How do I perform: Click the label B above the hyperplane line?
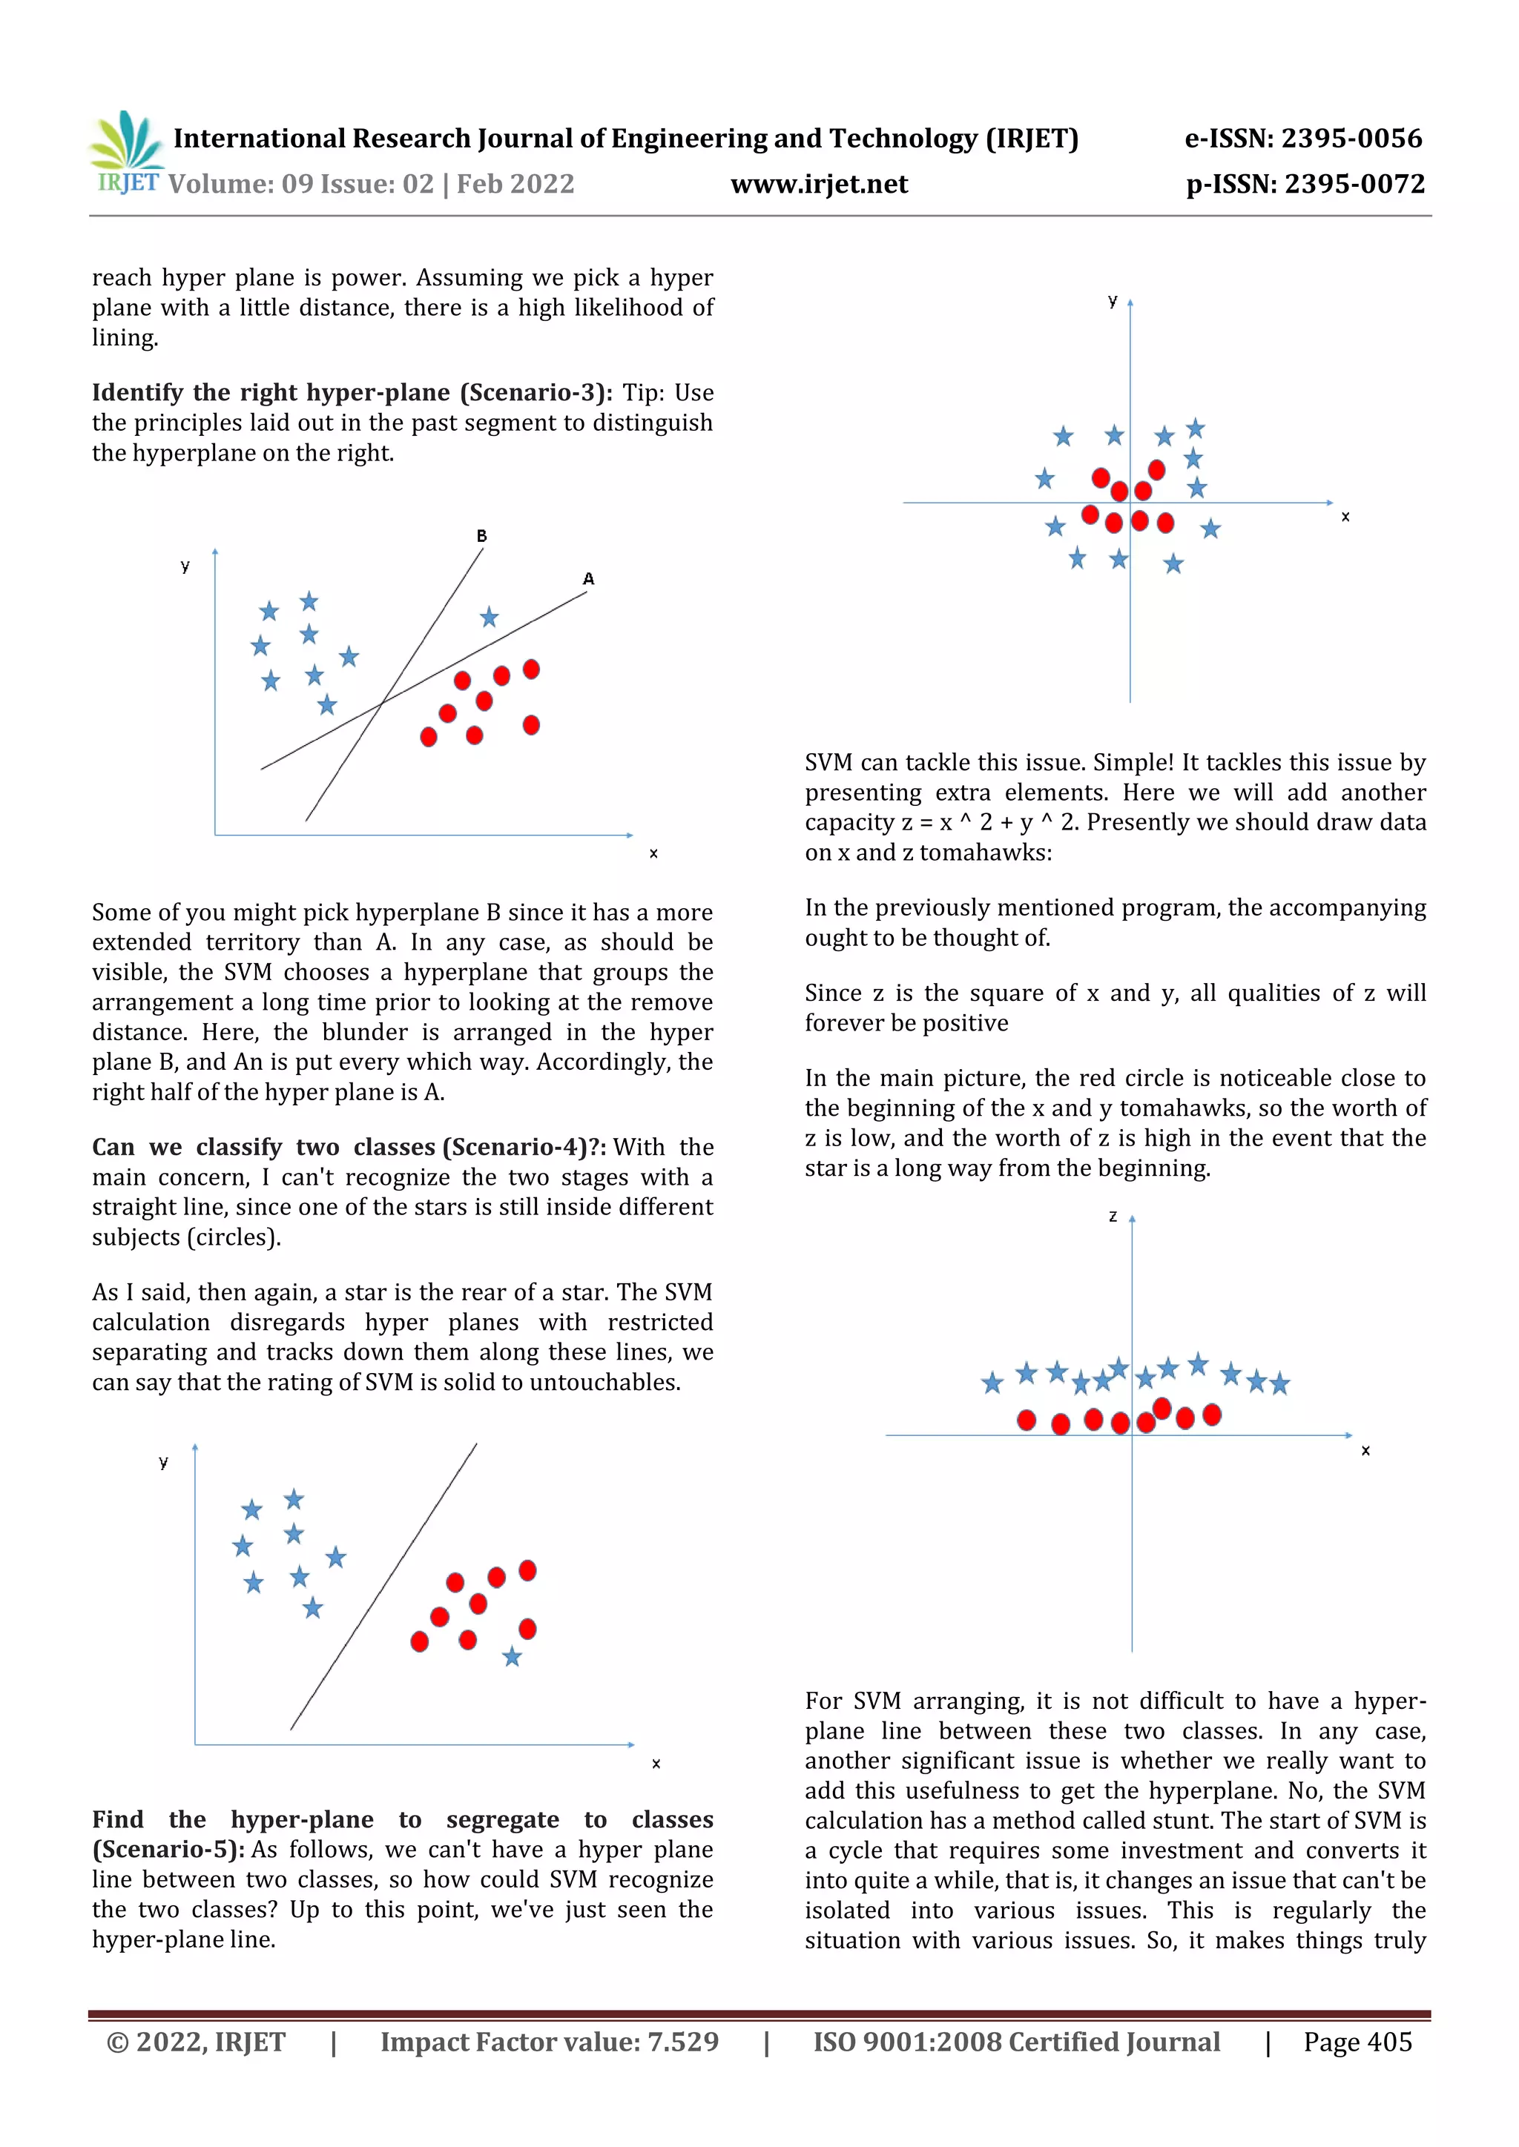pos(481,536)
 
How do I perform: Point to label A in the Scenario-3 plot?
pos(588,579)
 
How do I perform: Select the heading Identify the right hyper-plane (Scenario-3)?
pos(352,393)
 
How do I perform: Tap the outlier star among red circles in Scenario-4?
pos(512,1658)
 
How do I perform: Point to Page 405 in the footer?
pos(1357,2042)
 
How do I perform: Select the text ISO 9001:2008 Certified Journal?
pos(1016,2042)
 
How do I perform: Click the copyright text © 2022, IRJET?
pos(197,2042)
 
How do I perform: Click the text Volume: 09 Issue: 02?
pos(301,184)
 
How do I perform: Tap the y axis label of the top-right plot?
pos(1112,300)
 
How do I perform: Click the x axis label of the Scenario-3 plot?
pos(653,854)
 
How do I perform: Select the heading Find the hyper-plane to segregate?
pos(402,1820)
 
